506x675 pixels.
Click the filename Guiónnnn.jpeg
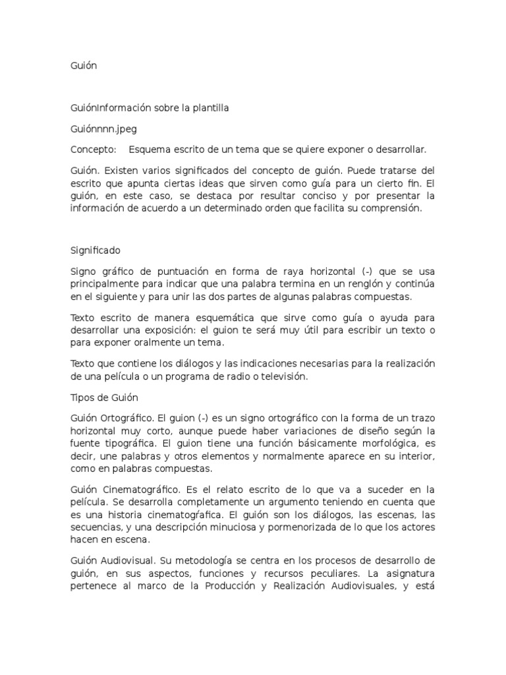103,129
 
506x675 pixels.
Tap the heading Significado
95,250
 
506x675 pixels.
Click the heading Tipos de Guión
103,398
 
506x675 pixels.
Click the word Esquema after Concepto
150,150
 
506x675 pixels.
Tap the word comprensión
386,208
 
